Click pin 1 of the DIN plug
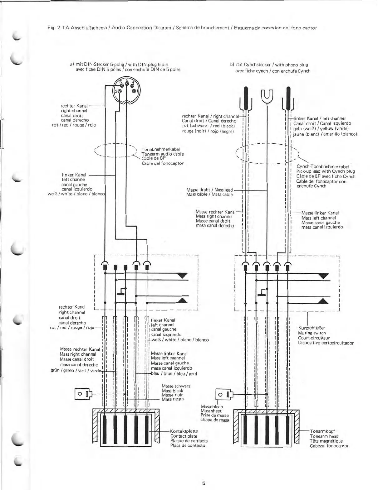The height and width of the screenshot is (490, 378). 135,91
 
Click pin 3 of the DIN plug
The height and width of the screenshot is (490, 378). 119,91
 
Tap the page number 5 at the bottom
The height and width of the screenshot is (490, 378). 204,474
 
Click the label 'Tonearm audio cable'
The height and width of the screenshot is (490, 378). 162,154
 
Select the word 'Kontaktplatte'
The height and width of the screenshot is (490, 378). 184,431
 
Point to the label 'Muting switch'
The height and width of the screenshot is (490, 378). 312,333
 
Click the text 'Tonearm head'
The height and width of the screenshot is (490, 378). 324,436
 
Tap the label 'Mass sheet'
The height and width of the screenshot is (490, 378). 211,411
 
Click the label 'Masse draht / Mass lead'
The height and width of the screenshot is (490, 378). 209,190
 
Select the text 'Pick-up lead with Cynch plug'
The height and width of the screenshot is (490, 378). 325,171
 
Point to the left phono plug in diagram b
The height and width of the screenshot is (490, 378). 246,98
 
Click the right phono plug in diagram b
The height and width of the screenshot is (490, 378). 288,98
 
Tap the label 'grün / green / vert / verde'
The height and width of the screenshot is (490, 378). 76,370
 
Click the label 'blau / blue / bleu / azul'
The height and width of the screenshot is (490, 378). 174,373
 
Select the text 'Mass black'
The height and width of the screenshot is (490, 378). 172,391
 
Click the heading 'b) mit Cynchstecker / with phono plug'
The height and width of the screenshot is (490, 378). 269,65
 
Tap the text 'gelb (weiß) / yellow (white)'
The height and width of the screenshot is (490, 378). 321,128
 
